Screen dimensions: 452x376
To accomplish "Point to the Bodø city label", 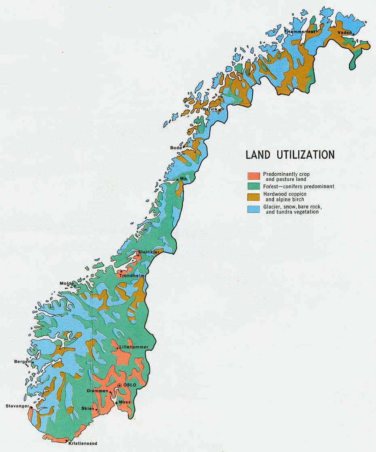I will (x=176, y=148).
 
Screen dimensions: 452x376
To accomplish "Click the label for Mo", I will (x=183, y=178).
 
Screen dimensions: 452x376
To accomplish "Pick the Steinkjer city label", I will (x=149, y=252).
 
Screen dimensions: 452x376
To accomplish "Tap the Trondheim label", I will (x=132, y=275).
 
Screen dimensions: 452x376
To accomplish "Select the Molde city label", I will (x=67, y=283).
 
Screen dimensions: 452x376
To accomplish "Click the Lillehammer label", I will (x=131, y=347).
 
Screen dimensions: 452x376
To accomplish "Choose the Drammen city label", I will (x=97, y=391).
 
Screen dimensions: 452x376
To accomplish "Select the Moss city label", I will (x=125, y=402).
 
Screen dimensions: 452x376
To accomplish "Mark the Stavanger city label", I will (x=17, y=406).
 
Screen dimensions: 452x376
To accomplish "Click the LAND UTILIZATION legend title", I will (x=290, y=155).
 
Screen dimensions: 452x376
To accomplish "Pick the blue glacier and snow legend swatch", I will (x=253, y=209).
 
